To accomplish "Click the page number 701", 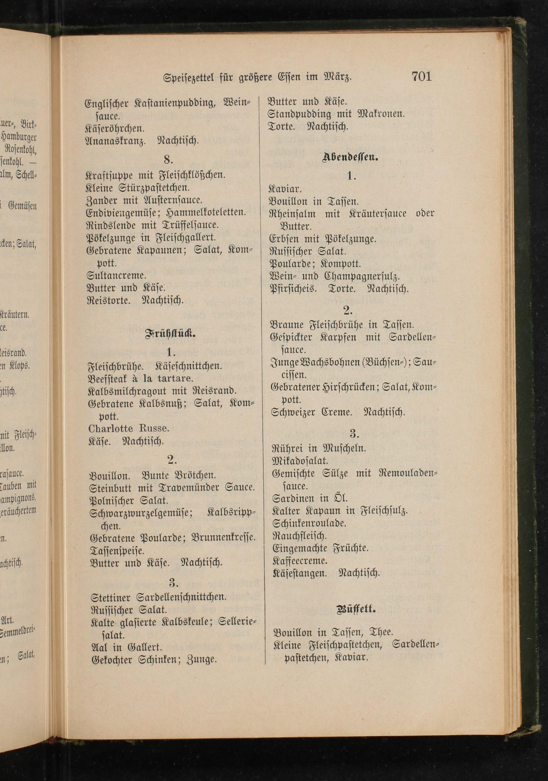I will click(x=421, y=76).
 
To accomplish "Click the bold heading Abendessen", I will click(x=351, y=157).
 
